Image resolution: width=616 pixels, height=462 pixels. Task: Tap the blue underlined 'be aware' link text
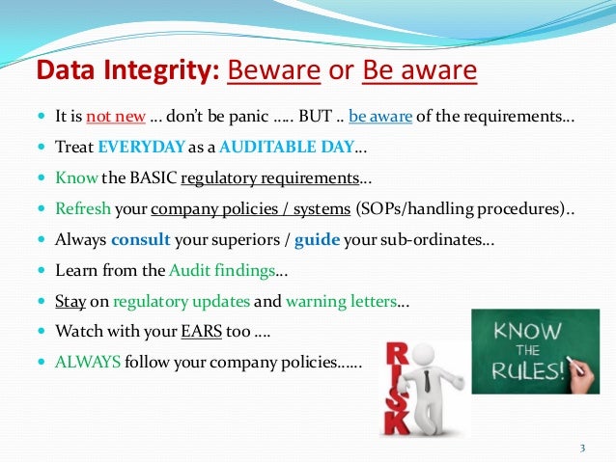384,119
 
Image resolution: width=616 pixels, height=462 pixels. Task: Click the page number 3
582,448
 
